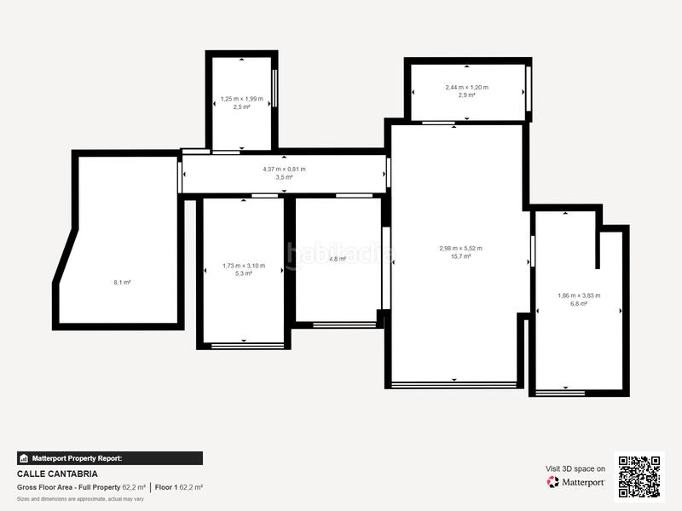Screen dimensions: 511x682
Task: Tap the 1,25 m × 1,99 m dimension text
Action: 243,99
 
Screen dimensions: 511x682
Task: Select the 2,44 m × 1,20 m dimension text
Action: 466,87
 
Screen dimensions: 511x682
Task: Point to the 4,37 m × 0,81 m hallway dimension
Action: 284,169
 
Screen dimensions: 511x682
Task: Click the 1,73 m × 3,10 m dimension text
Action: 243,266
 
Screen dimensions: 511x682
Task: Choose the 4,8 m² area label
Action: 338,259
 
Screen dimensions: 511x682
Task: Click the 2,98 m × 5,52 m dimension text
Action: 460,249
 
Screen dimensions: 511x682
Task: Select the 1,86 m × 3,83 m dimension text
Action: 579,296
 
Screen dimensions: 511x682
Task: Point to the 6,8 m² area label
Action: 579,303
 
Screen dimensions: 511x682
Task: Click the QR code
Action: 639,476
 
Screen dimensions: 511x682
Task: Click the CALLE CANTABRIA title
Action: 57,474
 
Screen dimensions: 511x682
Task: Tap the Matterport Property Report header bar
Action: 109,458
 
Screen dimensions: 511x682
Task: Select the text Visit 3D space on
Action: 575,468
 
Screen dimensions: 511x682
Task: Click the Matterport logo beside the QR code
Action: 575,482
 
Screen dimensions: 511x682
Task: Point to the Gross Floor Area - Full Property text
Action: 68,487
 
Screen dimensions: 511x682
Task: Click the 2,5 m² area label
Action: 243,107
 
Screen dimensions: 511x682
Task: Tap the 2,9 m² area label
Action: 466,95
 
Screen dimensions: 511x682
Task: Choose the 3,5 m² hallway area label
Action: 284,177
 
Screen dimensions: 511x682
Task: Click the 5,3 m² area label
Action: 243,273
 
